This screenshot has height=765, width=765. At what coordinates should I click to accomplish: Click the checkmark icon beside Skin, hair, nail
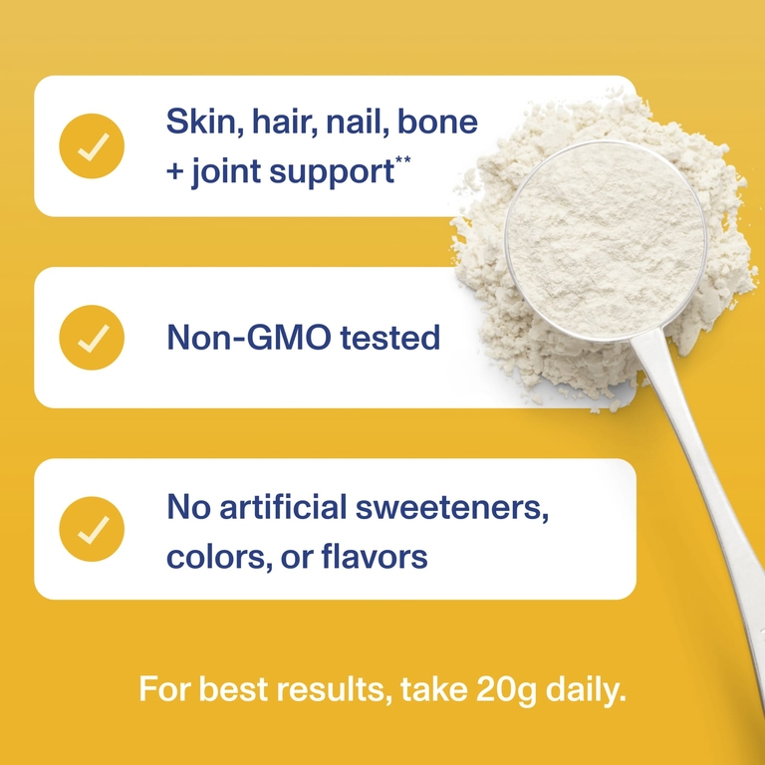pos(92,145)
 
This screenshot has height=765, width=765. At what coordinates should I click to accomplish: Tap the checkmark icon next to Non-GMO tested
pos(92,338)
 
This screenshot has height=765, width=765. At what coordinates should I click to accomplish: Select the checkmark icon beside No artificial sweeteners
pos(92,529)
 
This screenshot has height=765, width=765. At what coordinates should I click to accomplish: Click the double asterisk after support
pos(403,159)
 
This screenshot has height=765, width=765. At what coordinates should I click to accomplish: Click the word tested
pos(389,337)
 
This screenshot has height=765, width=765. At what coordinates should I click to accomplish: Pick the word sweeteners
pos(452,507)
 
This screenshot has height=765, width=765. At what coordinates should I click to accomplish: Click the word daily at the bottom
pos(586,690)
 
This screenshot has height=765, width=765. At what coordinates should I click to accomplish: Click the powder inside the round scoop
pos(606,240)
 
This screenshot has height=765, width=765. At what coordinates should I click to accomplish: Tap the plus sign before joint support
pos(174,172)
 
